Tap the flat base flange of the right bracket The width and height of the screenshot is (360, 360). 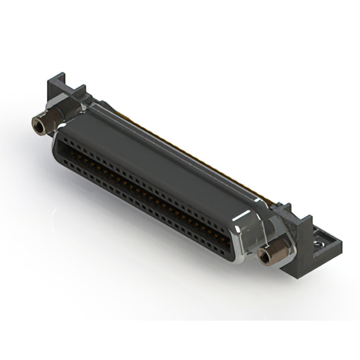tap(326, 247)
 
